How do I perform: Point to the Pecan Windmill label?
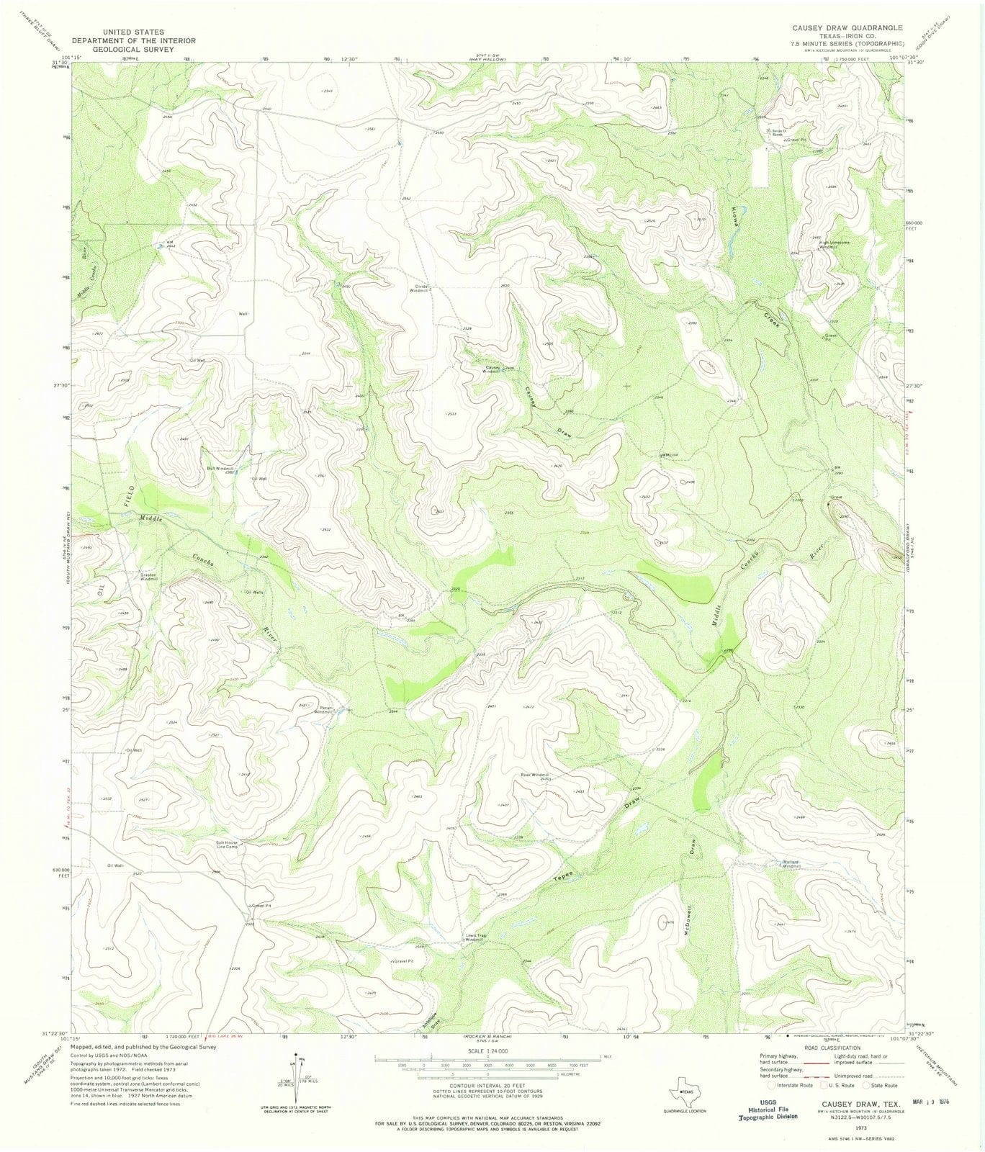(x=322, y=708)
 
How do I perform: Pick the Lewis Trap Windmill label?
(x=474, y=937)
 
